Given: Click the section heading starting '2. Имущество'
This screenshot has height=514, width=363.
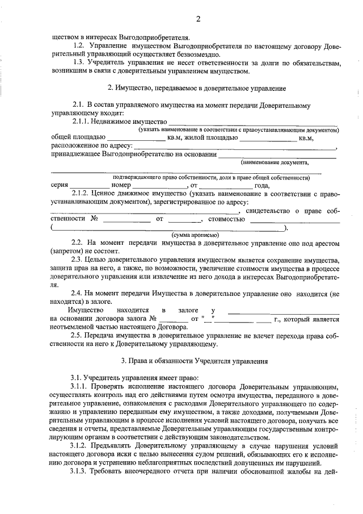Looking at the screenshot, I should point(196,88).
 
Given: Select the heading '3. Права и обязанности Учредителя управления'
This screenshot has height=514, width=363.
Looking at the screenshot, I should point(196,361).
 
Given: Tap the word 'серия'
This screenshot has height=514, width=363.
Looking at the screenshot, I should point(60,185).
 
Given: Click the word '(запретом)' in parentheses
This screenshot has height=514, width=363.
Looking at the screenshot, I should point(67,251).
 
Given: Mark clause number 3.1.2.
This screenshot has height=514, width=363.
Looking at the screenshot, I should point(82,446).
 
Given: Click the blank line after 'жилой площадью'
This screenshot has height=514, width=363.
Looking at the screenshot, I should point(272,138).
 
